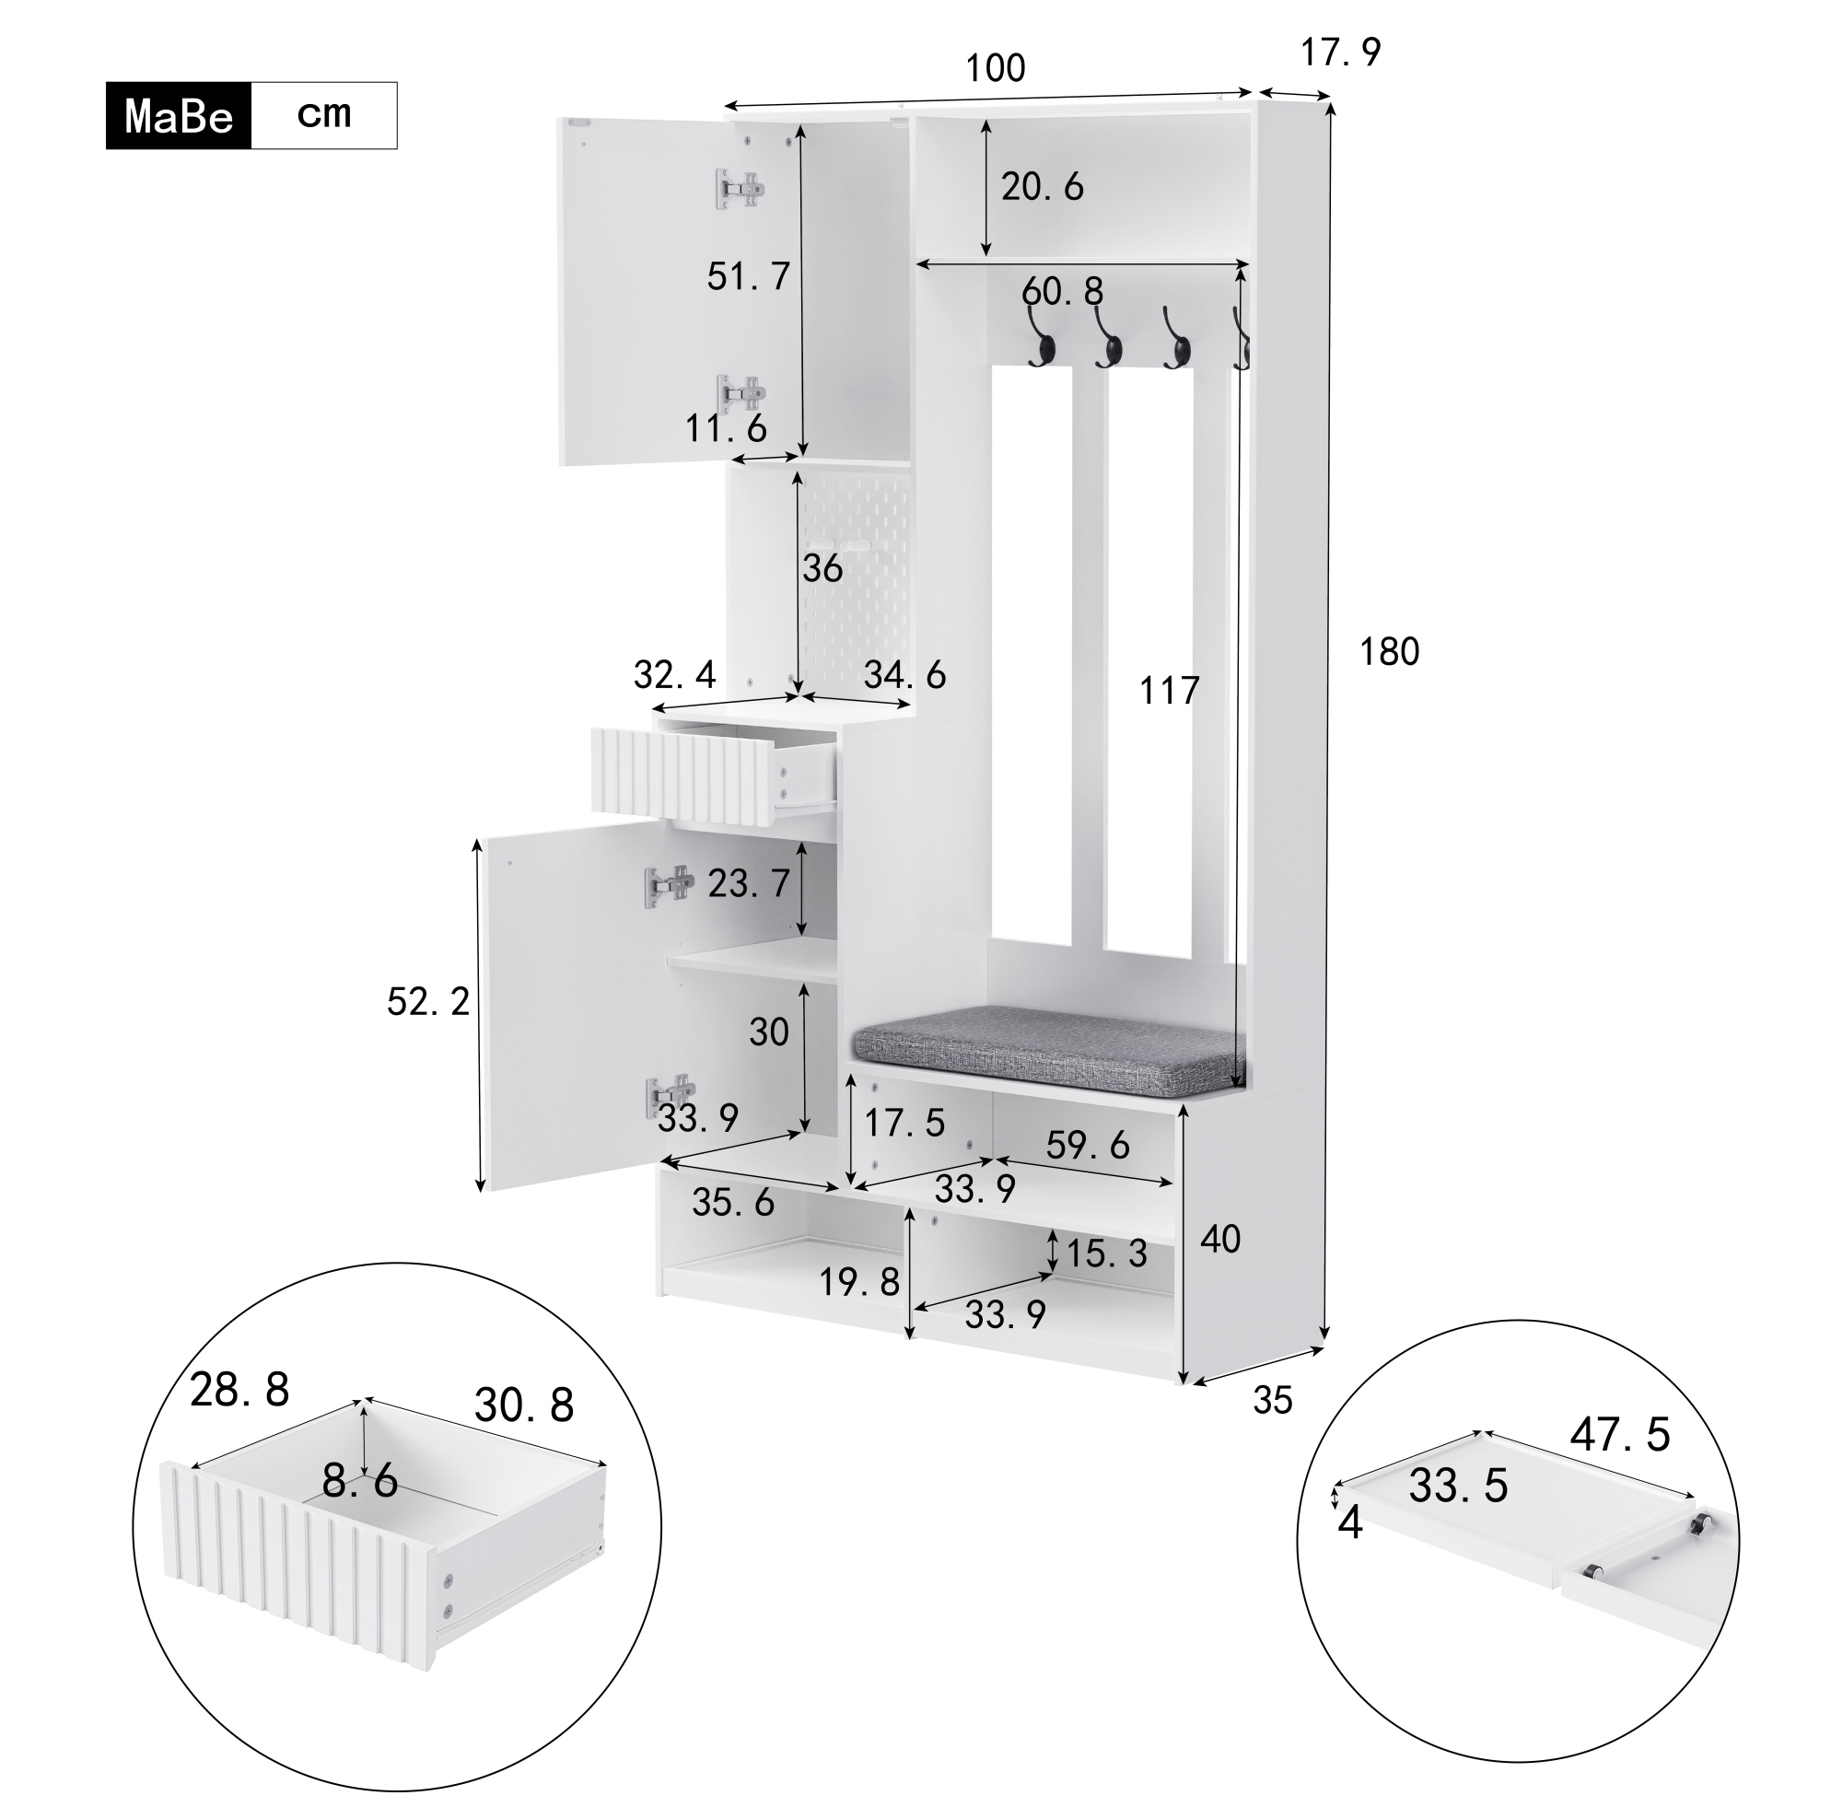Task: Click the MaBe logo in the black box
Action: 179,117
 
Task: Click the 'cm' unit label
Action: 324,115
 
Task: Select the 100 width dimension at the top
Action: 995,68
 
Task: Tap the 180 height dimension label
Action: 1389,652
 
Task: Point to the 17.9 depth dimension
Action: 1340,53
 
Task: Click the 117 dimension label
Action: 1170,691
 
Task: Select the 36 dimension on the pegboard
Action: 822,569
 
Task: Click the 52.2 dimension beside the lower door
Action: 428,1002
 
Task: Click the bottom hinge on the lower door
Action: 671,1097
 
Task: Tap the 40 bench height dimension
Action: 1219,1239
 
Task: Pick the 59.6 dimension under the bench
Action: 1088,1145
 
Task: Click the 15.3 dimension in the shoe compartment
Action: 1107,1254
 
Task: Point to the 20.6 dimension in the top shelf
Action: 1043,187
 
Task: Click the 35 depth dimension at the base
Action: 1273,1400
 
